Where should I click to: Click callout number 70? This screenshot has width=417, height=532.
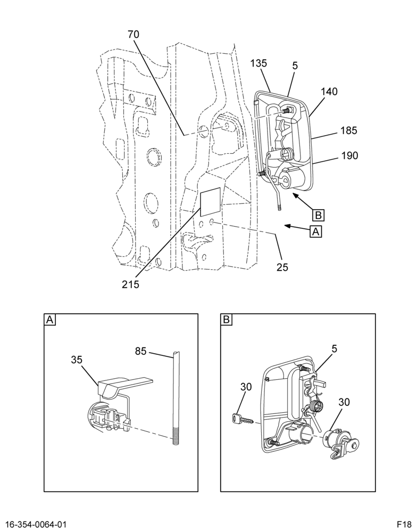134,34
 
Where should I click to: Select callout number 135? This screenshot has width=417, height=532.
258,63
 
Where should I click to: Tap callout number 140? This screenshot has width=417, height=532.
329,92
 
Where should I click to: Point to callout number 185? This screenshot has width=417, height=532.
349,130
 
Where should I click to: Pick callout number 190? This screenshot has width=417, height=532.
350,155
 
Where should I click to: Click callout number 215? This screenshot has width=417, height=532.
131,284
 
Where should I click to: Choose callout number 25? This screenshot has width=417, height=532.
282,268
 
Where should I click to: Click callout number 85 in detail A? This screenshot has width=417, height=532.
140,351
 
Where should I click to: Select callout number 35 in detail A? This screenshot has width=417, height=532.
77,360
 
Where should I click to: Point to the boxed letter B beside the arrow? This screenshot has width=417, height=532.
318,215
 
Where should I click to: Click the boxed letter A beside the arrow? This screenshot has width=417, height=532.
315,232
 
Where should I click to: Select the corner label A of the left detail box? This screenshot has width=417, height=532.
50,320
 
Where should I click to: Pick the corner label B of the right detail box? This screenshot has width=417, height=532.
226,320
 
